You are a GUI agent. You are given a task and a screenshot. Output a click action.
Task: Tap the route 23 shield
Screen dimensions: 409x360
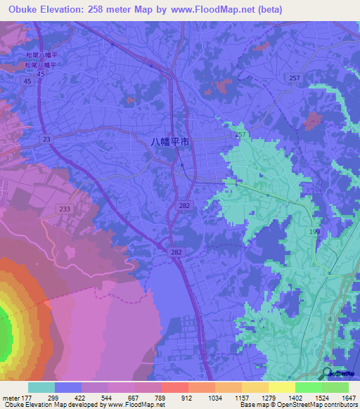tap(46, 140)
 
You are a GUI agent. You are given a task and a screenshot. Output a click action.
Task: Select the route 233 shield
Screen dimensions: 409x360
tap(66, 209)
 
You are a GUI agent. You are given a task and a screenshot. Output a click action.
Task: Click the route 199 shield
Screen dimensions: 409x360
tap(315, 231)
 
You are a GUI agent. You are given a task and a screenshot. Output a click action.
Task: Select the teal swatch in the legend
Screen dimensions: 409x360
tap(41, 387)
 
